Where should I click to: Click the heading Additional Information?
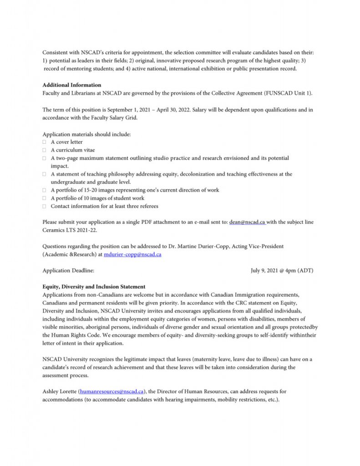(x=72, y=85)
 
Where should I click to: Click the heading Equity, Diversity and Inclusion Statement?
(x=94, y=287)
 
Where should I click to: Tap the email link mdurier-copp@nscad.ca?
(x=132, y=254)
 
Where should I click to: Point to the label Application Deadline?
(x=68, y=270)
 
